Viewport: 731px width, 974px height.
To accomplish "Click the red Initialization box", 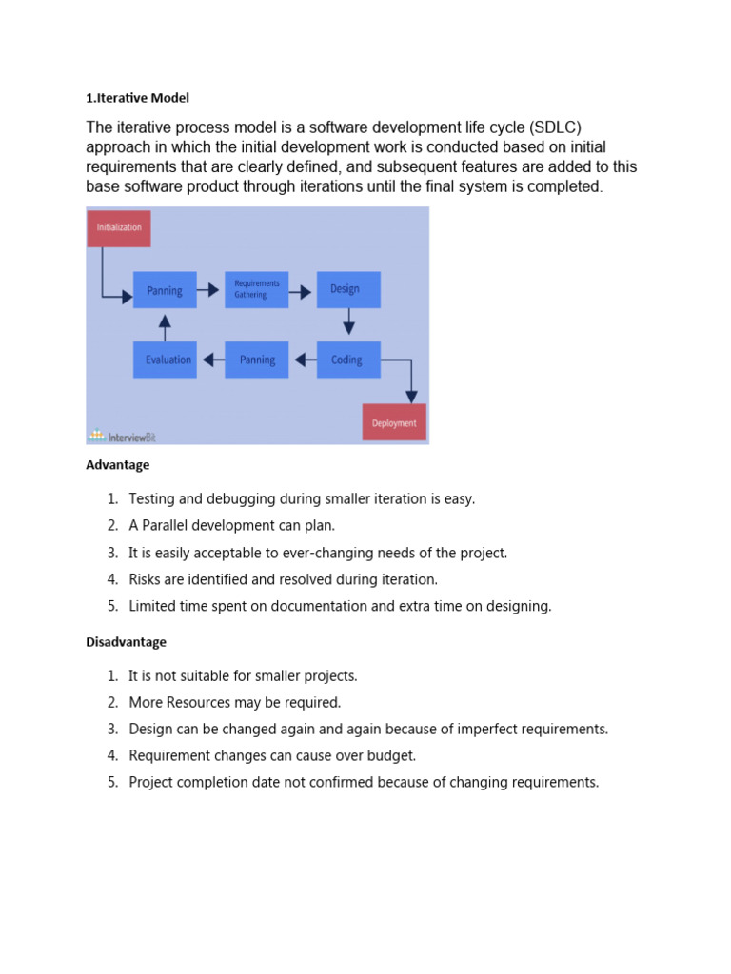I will click(119, 228).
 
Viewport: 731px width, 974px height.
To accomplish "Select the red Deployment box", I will click(394, 422).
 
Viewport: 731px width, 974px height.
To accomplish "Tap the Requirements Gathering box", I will click(256, 289).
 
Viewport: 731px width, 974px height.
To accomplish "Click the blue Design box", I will click(348, 289).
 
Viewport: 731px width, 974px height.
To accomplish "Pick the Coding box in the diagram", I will click(348, 360).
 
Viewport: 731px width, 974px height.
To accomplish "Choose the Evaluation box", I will click(165, 360).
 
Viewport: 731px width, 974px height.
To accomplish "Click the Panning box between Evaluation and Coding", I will click(256, 360).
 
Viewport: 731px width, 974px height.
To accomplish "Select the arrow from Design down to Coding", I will click(348, 323).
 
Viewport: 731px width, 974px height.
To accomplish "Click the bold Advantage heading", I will click(118, 465).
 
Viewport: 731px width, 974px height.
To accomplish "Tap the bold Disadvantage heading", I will click(127, 642).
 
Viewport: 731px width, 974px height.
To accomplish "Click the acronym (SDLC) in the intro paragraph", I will click(563, 127).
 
